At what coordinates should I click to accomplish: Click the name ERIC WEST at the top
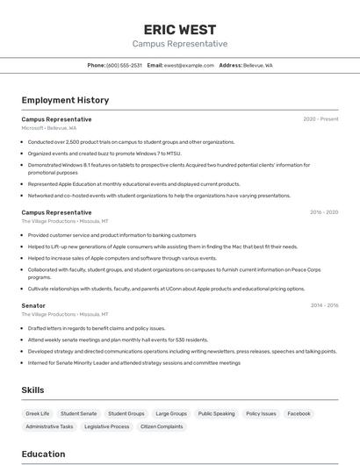[x=179, y=29]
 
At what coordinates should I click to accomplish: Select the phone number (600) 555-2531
[x=125, y=65]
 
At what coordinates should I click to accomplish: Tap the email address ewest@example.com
[x=189, y=65]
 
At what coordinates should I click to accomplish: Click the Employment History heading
[x=65, y=100]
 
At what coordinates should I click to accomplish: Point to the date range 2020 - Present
[x=320, y=119]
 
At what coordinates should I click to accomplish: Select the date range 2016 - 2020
[x=324, y=212]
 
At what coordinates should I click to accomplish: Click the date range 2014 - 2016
[x=324, y=305]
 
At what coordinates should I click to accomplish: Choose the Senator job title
[x=33, y=305]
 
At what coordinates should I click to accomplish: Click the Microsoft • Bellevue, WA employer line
[x=49, y=128]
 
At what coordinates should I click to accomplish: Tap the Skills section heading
[x=33, y=390]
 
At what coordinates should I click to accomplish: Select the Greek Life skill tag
[x=38, y=413]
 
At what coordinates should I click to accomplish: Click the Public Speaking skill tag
[x=216, y=413]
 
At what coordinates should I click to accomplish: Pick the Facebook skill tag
[x=299, y=413]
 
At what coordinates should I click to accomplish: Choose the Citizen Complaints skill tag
[x=162, y=426]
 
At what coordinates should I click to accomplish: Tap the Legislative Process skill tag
[x=107, y=426]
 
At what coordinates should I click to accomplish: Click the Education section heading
[x=43, y=454]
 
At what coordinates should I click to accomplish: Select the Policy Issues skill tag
[x=261, y=413]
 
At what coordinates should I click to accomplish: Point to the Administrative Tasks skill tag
[x=49, y=426]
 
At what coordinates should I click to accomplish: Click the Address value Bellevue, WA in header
[x=258, y=65]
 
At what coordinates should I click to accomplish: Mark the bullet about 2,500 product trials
[x=131, y=141]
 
